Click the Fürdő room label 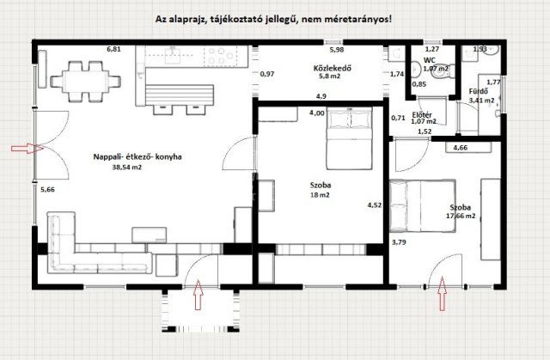point(478,91)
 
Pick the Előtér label point(422,113)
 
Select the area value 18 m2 point(321,195)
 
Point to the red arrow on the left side point(23,149)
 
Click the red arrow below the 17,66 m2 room point(443,298)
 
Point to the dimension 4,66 point(461,149)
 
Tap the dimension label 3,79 point(399,242)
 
